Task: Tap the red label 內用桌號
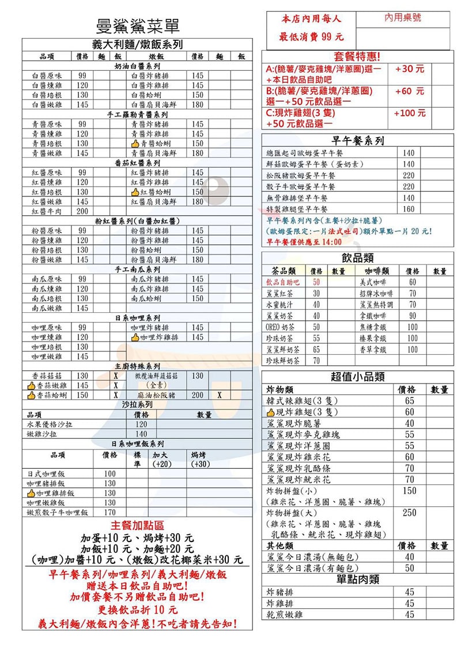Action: pyautogui.click(x=403, y=18)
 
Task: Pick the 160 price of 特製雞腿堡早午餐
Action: pyautogui.click(x=409, y=209)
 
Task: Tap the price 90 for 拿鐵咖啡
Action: pyautogui.click(x=412, y=316)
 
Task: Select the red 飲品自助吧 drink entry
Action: pyautogui.click(x=283, y=282)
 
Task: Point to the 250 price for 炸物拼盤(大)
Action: pyautogui.click(x=410, y=513)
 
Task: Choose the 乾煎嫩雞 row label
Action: pyautogui.click(x=285, y=615)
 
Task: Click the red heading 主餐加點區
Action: pyautogui.click(x=137, y=525)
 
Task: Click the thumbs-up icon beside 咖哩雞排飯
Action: pyautogui.click(x=31, y=493)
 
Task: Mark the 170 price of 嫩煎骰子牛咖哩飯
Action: pyautogui.click(x=109, y=513)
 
